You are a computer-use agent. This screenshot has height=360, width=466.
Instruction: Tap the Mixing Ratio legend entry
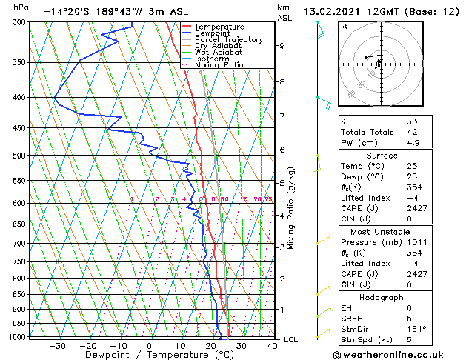tap(219, 65)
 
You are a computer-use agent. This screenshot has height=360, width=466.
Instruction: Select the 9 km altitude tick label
tap(282, 46)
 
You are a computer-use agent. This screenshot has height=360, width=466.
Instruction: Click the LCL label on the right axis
tap(290, 340)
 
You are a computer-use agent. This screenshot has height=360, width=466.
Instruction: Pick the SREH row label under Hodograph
tap(353, 319)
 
